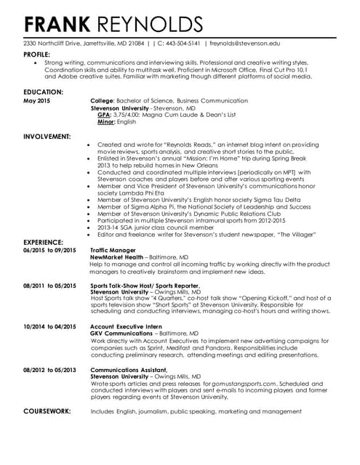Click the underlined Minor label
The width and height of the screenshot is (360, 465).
[106, 122]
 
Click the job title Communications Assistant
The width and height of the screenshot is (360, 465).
[129, 369]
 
